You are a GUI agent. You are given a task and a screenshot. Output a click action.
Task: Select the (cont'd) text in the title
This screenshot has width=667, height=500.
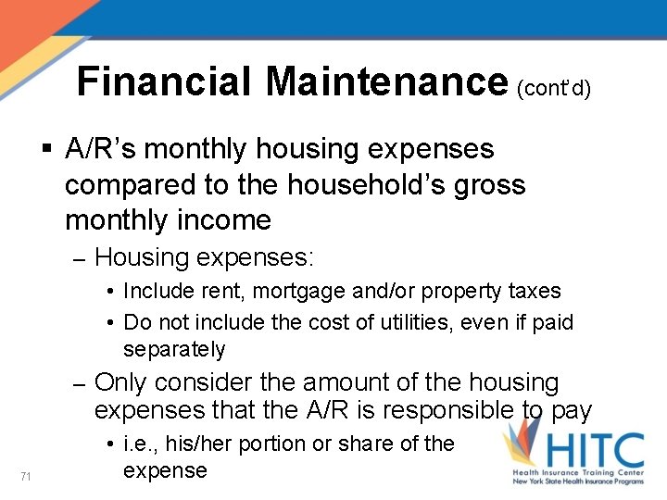tap(554, 87)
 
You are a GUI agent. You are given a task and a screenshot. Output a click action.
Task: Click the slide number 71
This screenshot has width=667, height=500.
tap(26, 476)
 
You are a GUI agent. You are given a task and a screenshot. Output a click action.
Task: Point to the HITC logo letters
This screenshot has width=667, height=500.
tap(594, 452)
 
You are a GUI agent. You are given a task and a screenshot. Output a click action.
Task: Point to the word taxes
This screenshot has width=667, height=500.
tap(533, 291)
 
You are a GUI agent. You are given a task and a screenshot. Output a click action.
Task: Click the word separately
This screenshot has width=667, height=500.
tap(174, 349)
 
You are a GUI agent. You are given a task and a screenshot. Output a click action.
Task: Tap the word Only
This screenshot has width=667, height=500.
tap(127, 382)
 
